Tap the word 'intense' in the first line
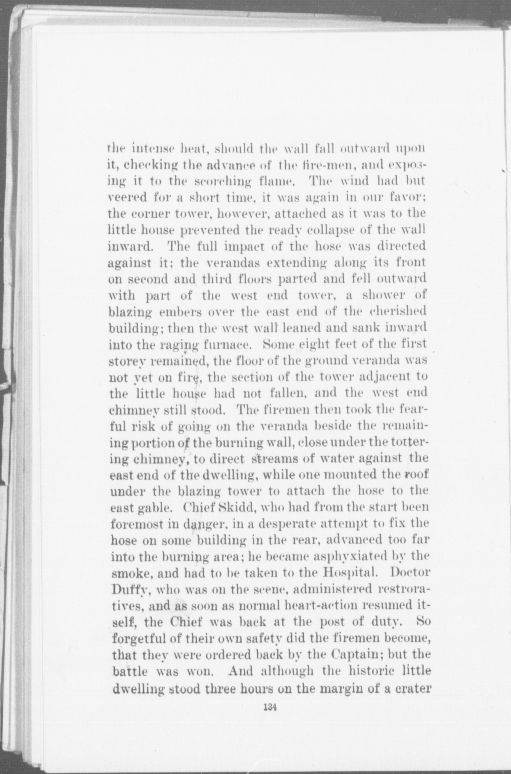tap(154, 148)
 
